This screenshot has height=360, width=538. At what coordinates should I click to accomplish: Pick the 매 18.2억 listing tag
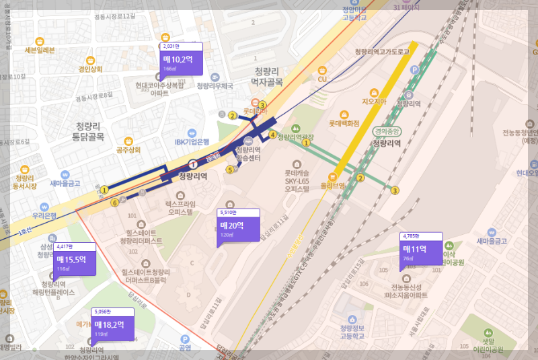[x=112, y=326]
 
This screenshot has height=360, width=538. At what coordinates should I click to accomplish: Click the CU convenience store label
[x=322, y=79]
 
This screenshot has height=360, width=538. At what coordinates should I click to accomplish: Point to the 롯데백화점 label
[x=343, y=123]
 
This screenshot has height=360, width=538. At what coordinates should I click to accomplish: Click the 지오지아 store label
[x=373, y=102]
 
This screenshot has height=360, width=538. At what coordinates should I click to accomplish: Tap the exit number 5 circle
[x=230, y=170]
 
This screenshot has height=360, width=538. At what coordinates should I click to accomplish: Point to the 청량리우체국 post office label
[x=215, y=85]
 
